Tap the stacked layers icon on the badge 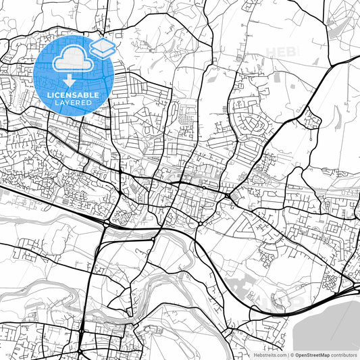(x=102, y=47)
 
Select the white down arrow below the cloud (x=70, y=81)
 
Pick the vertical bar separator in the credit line (x=286, y=354)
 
